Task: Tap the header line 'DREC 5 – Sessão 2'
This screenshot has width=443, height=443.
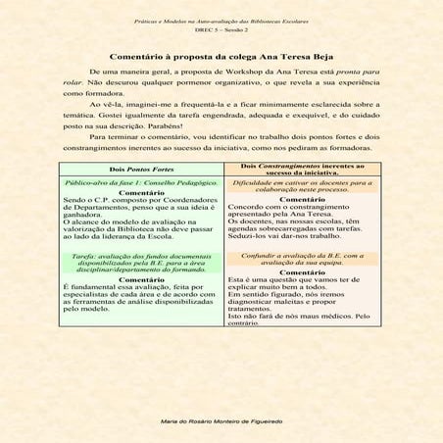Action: coord(221,29)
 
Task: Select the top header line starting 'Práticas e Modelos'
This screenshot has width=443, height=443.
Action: coord(221,20)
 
